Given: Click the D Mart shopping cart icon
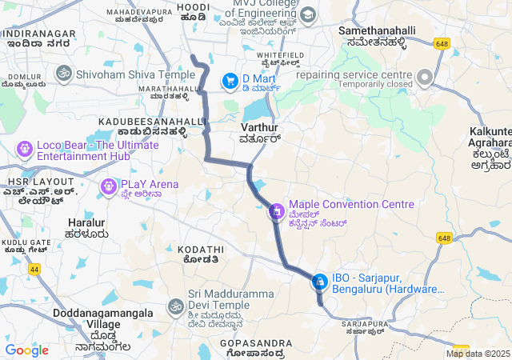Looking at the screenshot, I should (x=230, y=79).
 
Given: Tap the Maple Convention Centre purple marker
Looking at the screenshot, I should (x=276, y=212).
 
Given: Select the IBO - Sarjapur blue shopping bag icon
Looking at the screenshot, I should (x=319, y=282).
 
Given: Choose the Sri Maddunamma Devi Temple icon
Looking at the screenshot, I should (x=175, y=306).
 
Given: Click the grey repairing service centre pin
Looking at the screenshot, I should (x=424, y=78).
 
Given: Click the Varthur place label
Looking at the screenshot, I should (x=258, y=127).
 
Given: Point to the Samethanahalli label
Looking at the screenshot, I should (x=377, y=30).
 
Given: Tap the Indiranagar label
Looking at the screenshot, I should (x=39, y=34).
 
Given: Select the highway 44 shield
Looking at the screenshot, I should (x=35, y=270).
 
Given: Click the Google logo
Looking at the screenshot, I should (x=26, y=350).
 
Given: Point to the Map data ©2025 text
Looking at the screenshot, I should (x=477, y=354).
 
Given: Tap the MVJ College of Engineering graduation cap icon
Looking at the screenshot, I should (x=308, y=14).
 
